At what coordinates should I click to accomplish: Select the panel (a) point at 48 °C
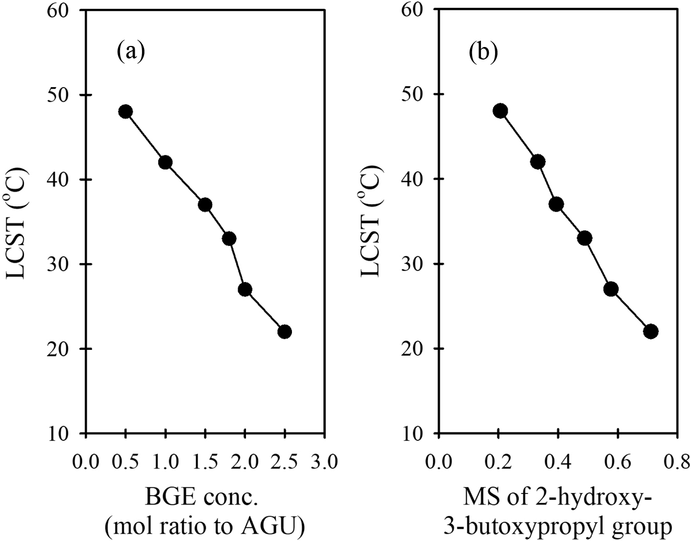pos(125,112)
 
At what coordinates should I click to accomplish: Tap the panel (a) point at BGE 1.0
pos(165,162)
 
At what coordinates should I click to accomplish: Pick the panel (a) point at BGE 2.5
pos(285,332)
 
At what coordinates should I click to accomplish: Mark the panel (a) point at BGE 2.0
pos(245,289)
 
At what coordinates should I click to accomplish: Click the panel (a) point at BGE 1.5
pos(205,205)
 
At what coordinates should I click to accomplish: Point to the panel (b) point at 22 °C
pos(651,332)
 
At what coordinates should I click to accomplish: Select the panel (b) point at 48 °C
pos(500,111)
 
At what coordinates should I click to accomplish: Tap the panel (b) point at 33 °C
pos(585,239)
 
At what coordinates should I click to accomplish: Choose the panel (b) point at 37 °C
pos(556,204)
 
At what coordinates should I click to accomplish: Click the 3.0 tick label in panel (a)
pos(325,462)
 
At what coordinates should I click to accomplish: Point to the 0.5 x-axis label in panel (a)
pos(125,462)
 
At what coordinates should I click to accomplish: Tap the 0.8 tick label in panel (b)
pos(677,462)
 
